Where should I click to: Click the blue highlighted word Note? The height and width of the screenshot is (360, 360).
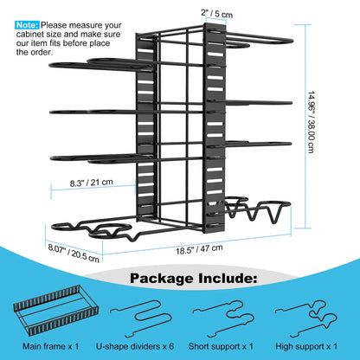[27, 25]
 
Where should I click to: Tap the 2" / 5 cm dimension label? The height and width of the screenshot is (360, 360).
[216, 14]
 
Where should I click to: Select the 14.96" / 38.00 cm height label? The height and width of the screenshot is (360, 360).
[312, 122]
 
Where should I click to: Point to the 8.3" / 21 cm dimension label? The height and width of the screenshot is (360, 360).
[91, 183]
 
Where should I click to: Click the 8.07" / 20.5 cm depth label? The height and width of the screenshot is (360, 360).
[74, 253]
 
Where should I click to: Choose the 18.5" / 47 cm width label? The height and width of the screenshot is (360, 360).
[199, 249]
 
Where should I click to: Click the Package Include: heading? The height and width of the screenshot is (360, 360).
[193, 279]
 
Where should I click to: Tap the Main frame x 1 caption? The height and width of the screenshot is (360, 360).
[50, 346]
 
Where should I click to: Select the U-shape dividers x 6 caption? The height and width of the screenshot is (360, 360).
[135, 346]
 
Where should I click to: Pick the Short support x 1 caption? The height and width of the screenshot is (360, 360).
[221, 346]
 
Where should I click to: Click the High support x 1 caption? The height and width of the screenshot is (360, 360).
[306, 346]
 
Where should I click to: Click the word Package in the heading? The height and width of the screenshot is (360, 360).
[162, 279]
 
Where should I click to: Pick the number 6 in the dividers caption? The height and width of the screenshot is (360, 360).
[171, 346]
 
